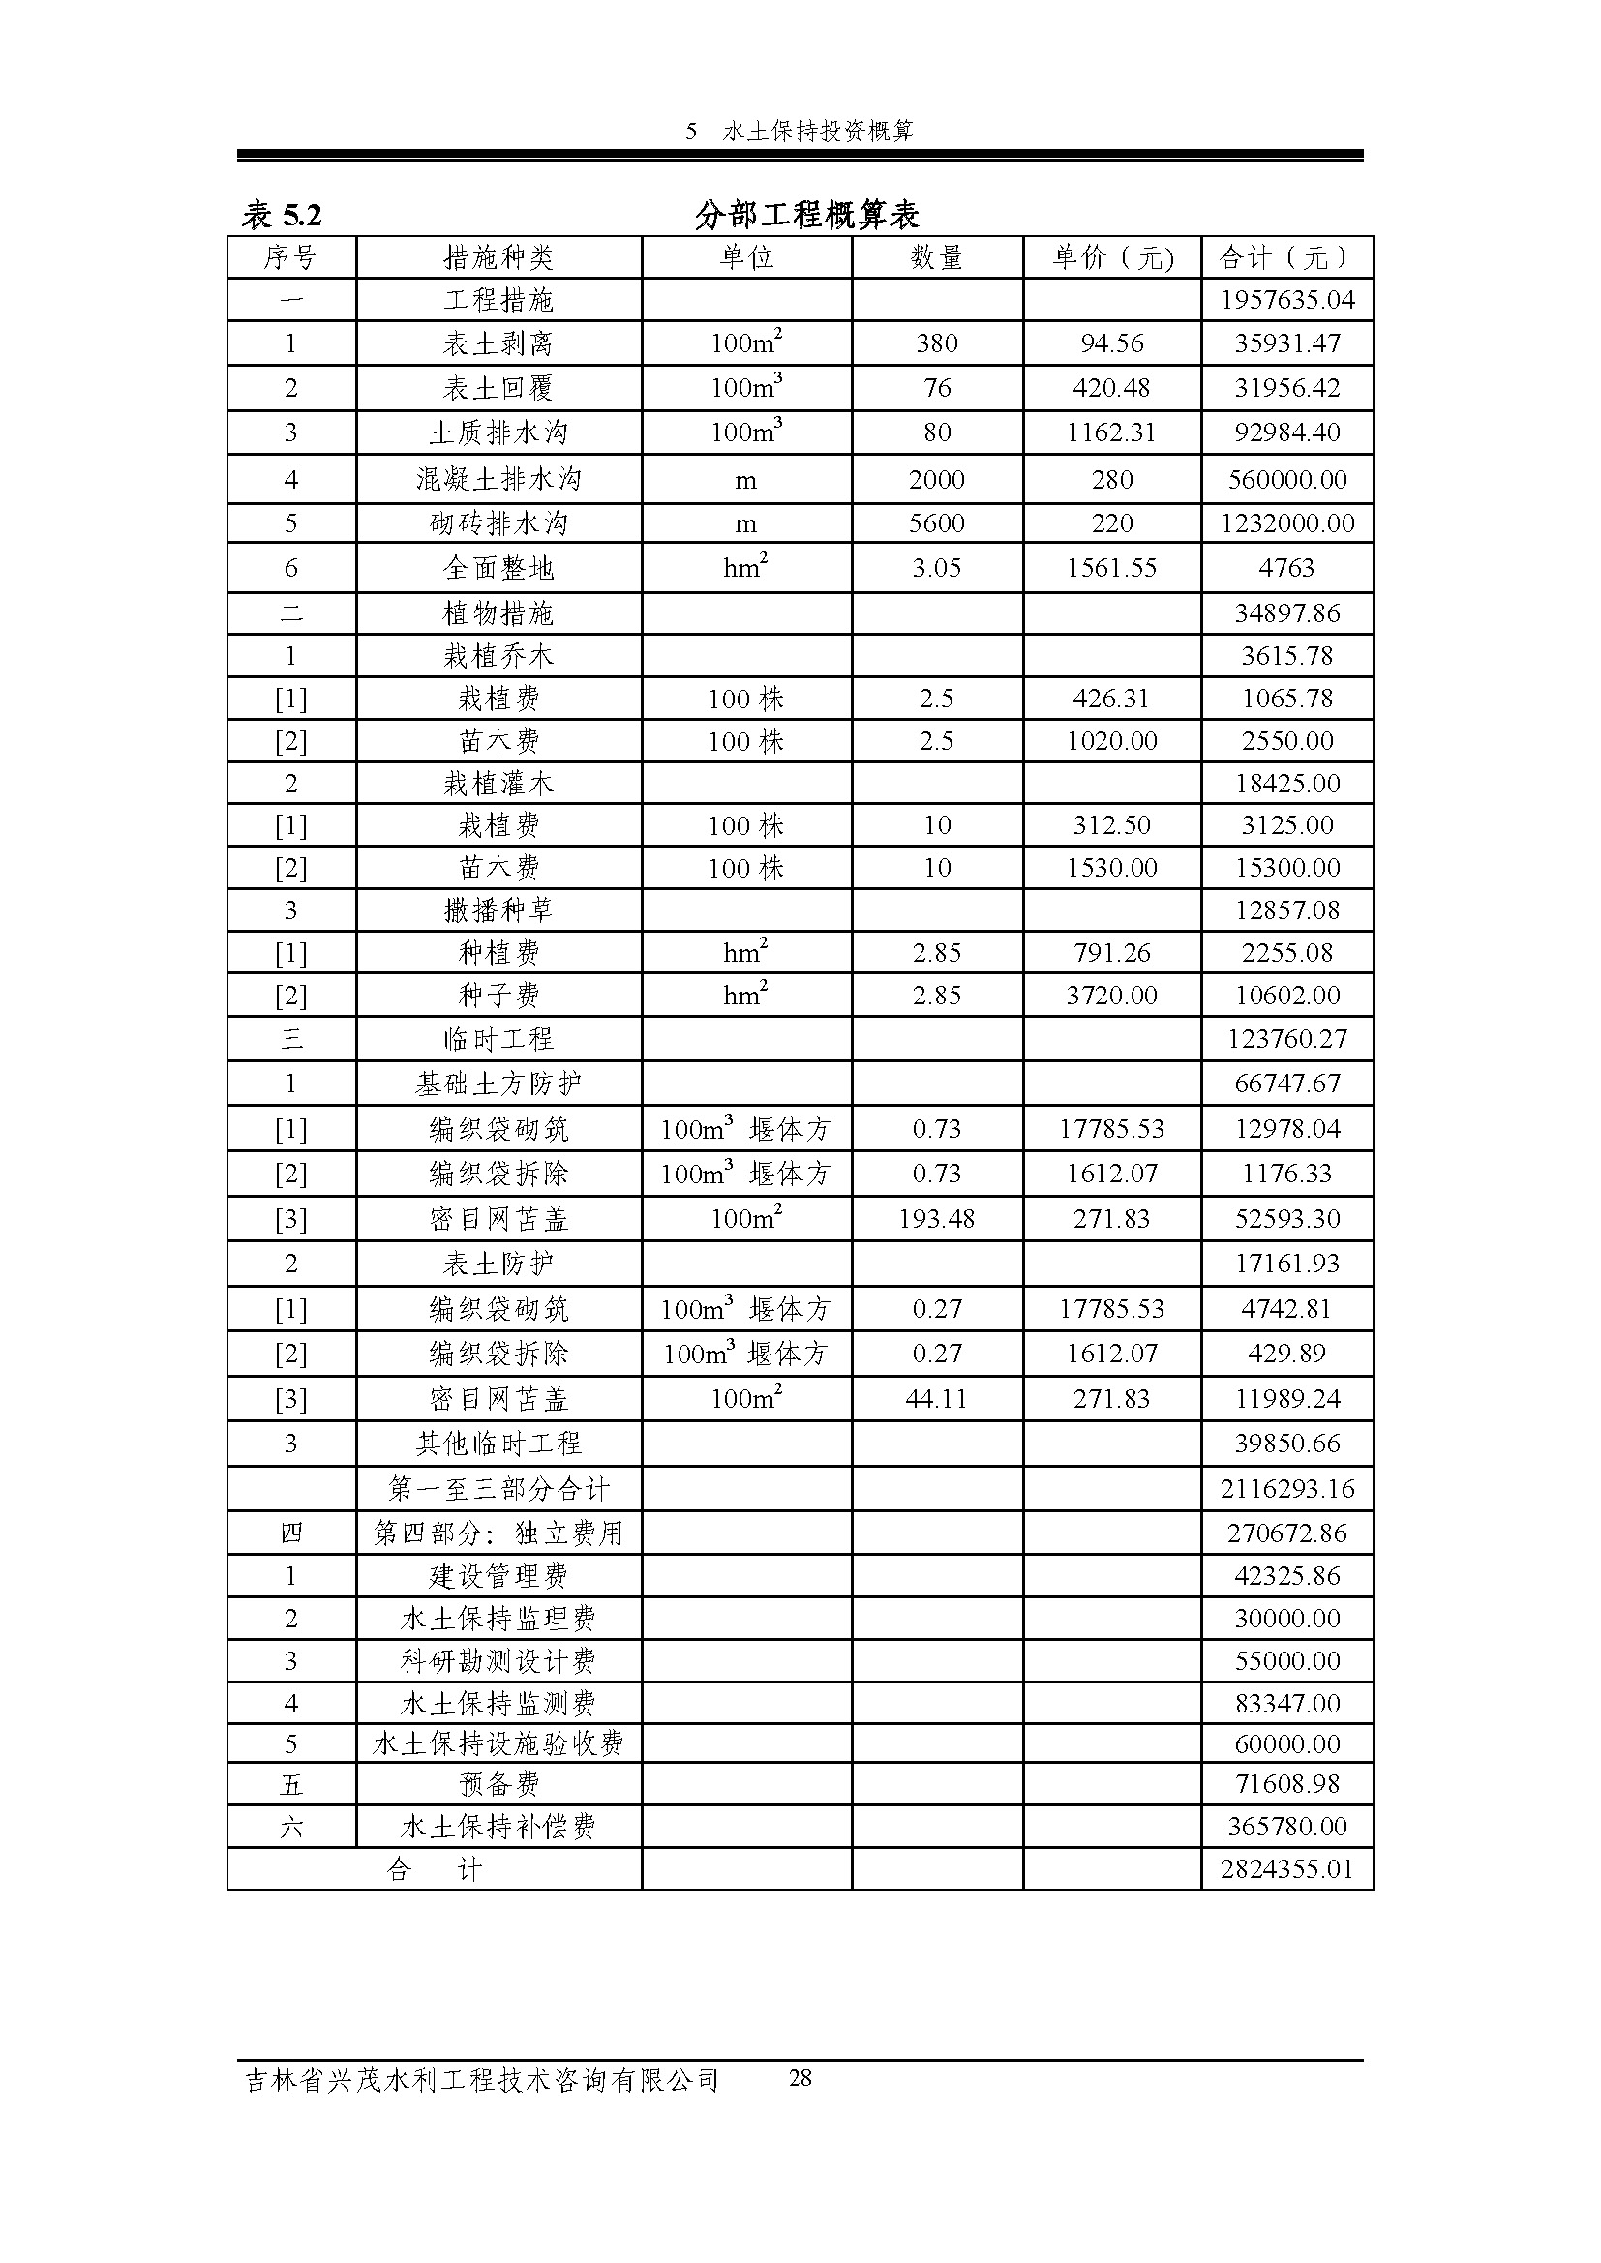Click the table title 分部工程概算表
pyautogui.click(x=806, y=214)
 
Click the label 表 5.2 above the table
pyautogui.click(x=282, y=214)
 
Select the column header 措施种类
pyautogui.click(x=498, y=258)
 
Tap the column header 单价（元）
pyautogui.click(x=1112, y=258)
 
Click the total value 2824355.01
pyautogui.click(x=1286, y=1870)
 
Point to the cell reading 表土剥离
pyautogui.click(x=498, y=344)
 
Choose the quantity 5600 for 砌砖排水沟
pyautogui.click(x=936, y=523)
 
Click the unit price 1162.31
pyautogui.click(x=1111, y=432)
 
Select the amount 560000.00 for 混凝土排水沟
pyautogui.click(x=1286, y=480)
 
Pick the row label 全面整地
pyautogui.click(x=498, y=568)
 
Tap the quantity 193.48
pyautogui.click(x=936, y=1219)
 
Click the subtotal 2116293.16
pyautogui.click(x=1286, y=1488)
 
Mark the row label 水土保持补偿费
pyautogui.click(x=498, y=1827)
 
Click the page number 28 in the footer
pyautogui.click(x=800, y=2078)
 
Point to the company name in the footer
pyautogui.click(x=481, y=2081)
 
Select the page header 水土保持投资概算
pyautogui.click(x=817, y=131)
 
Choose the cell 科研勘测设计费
pyautogui.click(x=498, y=1661)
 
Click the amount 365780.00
pyautogui.click(x=1286, y=1827)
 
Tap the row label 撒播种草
pyautogui.click(x=498, y=910)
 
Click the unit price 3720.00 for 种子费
pyautogui.click(x=1111, y=996)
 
